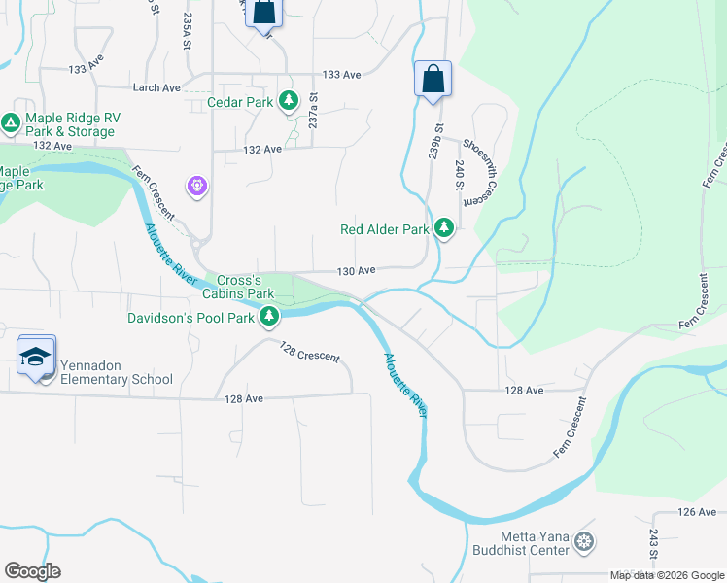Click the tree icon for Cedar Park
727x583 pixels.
pos(288,100)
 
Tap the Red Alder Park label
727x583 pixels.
pos(384,230)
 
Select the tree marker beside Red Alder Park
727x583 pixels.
pos(444,227)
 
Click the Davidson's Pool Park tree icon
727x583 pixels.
pos(269,317)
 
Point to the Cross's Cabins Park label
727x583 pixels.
pos(238,285)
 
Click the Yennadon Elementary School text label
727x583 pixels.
pos(117,372)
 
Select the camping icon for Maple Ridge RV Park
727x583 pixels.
pos(11,122)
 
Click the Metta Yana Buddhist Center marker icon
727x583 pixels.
pos(584,541)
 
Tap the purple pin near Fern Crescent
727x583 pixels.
pos(197,185)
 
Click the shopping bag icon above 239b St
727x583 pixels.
pos(433,80)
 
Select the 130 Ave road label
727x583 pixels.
pos(356,270)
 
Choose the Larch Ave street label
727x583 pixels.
pos(156,87)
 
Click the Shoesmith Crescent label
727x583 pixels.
pos(473,171)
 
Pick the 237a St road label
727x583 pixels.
pos(314,111)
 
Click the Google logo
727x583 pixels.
pos(32,571)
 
